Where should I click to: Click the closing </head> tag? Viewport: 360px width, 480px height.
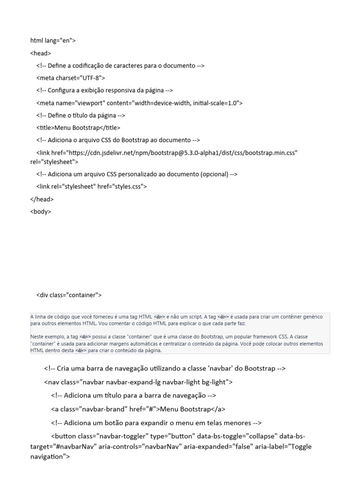pyautogui.click(x=42, y=199)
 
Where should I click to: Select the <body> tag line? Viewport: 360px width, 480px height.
pyautogui.click(x=41, y=211)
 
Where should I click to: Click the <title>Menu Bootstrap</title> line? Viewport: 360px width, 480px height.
pyautogui.click(x=78, y=127)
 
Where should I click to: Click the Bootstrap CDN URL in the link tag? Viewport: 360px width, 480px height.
pyautogui.click(x=183, y=152)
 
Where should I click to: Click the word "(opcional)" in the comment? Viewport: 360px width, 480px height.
pyautogui.click(x=214, y=174)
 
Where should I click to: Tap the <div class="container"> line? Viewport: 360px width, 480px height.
pyautogui.click(x=69, y=295)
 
